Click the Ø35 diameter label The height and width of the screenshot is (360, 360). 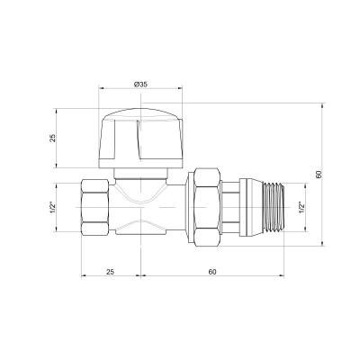[x=140, y=84]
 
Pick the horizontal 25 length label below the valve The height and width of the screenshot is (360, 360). [x=110, y=270]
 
